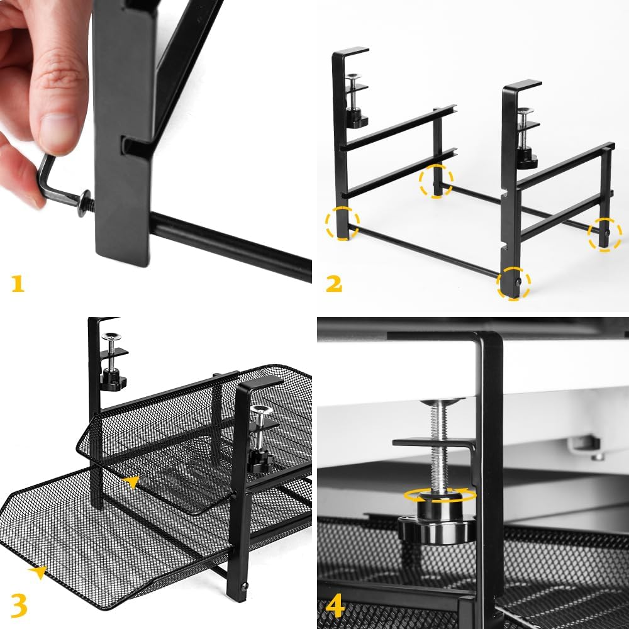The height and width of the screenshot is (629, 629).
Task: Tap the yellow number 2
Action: click(x=333, y=283)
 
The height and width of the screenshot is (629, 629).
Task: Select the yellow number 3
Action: click(x=19, y=603)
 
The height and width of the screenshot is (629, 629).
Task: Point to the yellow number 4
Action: click(x=335, y=606)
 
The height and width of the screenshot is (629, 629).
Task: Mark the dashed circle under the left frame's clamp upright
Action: click(x=343, y=223)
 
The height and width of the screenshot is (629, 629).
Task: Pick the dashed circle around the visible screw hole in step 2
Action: click(x=513, y=284)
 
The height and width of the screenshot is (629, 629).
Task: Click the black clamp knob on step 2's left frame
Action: click(x=357, y=118)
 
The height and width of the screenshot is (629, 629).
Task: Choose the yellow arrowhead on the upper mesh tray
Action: click(x=131, y=482)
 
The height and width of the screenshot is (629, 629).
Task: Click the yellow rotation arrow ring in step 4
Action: click(x=440, y=495)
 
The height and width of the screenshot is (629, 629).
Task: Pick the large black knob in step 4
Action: click(x=437, y=528)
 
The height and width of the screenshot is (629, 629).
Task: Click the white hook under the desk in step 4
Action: click(x=582, y=447)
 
